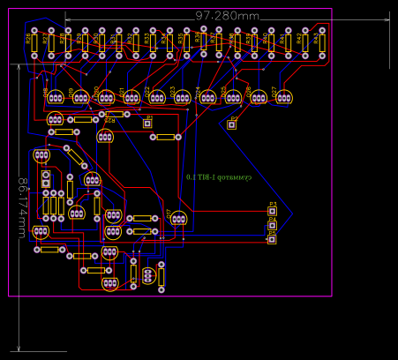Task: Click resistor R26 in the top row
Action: (x=34, y=41)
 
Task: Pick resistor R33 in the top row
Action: (x=153, y=41)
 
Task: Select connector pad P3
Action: (x=272, y=213)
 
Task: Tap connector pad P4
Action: (x=272, y=226)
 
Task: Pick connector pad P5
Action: (x=272, y=239)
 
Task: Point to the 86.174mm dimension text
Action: (x=20, y=207)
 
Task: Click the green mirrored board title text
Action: (x=219, y=177)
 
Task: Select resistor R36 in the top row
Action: (x=204, y=41)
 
